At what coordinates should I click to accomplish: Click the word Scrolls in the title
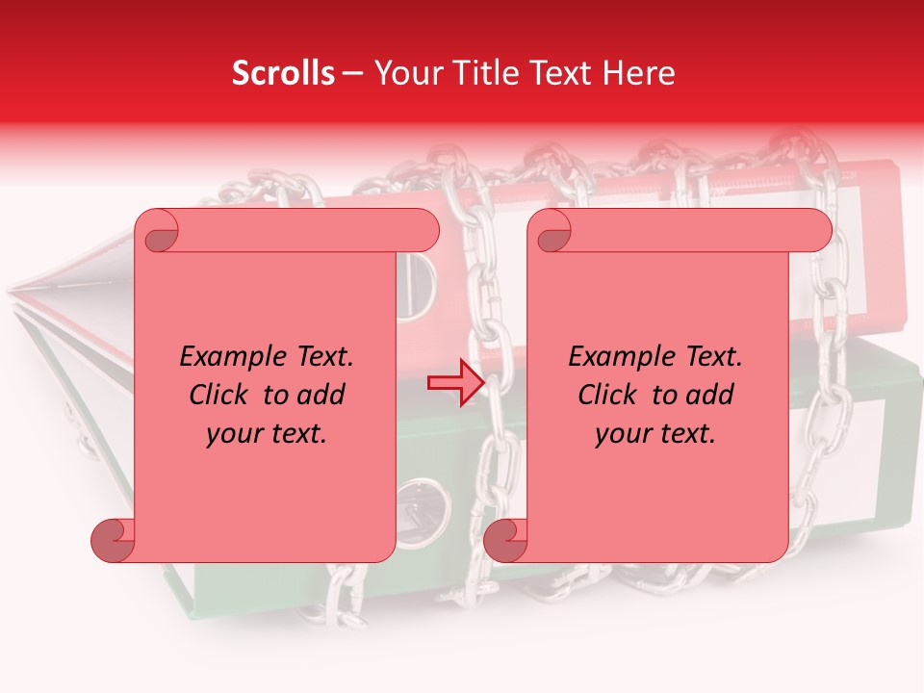pyautogui.click(x=284, y=73)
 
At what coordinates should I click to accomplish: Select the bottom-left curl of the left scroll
pyautogui.click(x=113, y=540)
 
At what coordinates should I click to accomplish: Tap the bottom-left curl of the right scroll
pyautogui.click(x=505, y=540)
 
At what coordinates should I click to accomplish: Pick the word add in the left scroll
pyautogui.click(x=321, y=395)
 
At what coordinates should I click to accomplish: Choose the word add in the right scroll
pyautogui.click(x=709, y=395)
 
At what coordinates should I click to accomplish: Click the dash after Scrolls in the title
pyautogui.click(x=352, y=74)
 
